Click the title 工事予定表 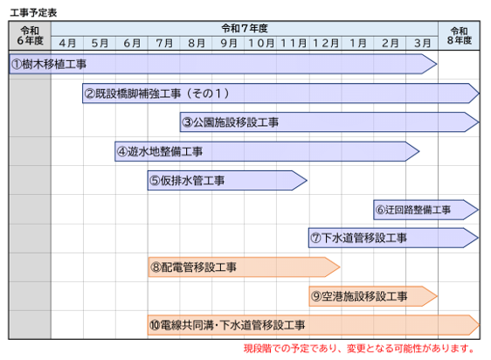point(33,12)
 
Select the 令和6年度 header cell point(30,36)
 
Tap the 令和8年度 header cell point(459,36)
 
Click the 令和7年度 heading point(245,29)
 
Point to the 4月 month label point(67,43)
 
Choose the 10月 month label point(261,43)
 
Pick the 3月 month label point(422,43)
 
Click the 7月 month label point(164,43)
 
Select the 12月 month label point(326,43)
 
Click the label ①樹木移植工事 point(49,65)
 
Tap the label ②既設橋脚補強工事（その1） point(157,93)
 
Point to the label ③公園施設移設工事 point(231,122)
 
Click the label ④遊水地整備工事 point(160,152)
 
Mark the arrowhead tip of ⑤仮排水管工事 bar point(307,181)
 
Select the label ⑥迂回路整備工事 point(413,210)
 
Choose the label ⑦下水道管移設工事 point(358,238)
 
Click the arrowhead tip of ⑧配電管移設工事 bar point(340,267)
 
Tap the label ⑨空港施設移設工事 point(359,296)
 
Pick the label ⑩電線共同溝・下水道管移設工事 point(227,325)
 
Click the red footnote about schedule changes point(359,349)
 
